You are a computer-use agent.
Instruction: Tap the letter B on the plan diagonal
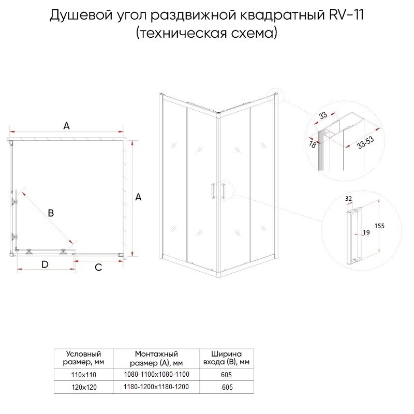click(x=51, y=212)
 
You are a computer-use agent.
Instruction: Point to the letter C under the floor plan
click(x=98, y=267)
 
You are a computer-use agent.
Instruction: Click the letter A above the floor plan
click(x=66, y=125)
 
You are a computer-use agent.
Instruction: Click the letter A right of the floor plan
click(x=138, y=197)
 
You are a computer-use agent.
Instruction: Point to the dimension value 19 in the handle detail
click(x=366, y=233)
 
